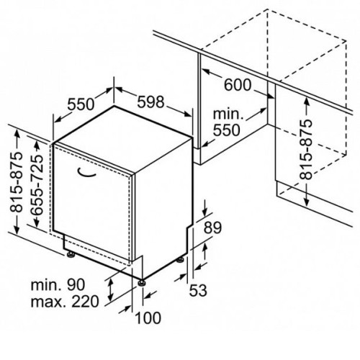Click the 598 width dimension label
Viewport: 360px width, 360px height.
(150, 102)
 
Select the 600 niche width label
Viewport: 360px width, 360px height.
(238, 85)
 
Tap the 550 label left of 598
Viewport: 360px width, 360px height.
(81, 104)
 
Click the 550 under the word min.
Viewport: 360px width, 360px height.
(227, 130)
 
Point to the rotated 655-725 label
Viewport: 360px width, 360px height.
(37, 184)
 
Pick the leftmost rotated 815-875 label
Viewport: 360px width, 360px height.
(16, 182)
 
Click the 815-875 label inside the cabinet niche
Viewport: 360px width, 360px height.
(306, 149)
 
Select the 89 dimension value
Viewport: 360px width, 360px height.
(212, 228)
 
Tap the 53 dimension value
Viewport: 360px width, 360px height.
(198, 290)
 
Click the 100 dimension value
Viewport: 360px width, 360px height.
(148, 318)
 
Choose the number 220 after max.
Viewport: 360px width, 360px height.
(85, 302)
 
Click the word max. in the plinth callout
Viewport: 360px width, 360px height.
(48, 302)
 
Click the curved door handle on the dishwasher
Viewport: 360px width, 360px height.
(86, 174)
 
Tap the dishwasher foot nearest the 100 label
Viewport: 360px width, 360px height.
(141, 282)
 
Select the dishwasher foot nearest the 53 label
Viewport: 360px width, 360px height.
(180, 260)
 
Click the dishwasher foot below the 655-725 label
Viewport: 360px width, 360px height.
(71, 254)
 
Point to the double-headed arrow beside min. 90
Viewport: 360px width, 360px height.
(110, 290)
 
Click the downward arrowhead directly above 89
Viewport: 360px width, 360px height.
(204, 212)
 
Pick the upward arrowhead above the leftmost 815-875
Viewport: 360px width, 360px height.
(17, 133)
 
